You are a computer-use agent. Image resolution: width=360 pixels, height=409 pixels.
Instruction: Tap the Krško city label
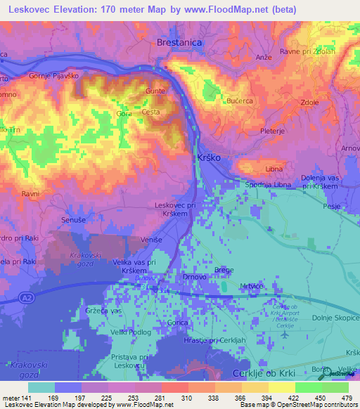(209, 158)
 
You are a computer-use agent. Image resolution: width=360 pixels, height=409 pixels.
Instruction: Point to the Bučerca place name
(239, 101)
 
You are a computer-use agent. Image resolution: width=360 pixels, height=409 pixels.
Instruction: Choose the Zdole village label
(310, 101)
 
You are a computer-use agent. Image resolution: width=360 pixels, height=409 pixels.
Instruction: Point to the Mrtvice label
(251, 286)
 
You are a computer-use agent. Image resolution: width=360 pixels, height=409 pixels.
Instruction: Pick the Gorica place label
(180, 323)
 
